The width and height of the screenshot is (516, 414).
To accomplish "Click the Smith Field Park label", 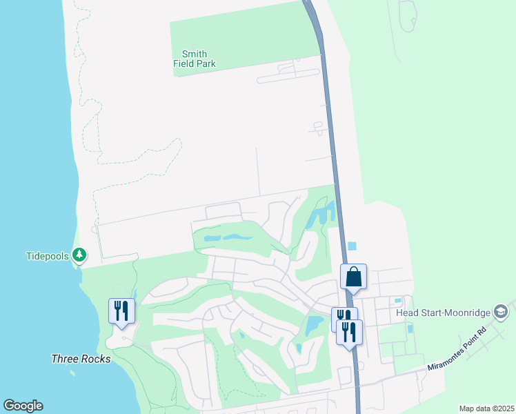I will (x=195, y=59).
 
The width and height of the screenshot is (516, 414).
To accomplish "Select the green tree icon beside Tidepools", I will (x=80, y=255).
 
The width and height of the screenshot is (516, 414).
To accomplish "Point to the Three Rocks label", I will (x=81, y=359).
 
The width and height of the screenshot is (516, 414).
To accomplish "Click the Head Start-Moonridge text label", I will (x=441, y=312).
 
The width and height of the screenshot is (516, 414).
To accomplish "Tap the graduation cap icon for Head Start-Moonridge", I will (x=500, y=312).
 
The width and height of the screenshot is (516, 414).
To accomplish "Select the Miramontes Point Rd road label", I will (x=457, y=348).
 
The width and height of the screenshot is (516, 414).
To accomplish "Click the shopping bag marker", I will (x=353, y=277).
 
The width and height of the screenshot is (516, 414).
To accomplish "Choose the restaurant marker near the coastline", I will (x=121, y=310).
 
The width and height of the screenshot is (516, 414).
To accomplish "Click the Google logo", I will (x=23, y=406).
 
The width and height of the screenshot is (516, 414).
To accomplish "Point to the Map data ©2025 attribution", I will (x=486, y=408).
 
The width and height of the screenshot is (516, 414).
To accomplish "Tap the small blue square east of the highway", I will (x=353, y=246).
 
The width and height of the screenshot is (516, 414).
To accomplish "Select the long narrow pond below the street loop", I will (x=228, y=238).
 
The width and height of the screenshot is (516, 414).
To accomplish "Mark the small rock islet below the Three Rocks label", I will (x=72, y=374).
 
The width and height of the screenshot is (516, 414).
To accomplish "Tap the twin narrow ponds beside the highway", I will (x=321, y=215).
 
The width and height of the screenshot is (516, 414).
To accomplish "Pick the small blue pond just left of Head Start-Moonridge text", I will (x=397, y=301).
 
